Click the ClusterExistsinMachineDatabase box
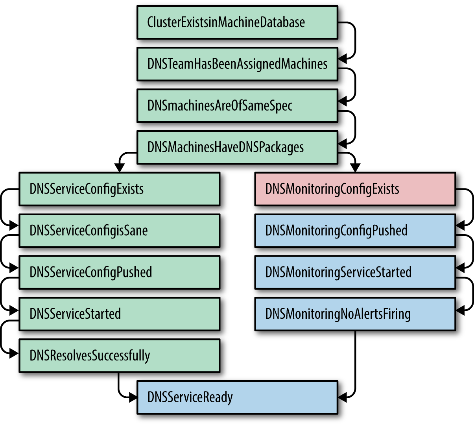point(237,22)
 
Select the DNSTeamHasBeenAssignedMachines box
point(237,64)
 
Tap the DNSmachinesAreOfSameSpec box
point(237,106)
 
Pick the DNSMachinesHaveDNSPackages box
point(237,148)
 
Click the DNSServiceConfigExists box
point(119,189)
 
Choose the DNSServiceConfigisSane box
point(119,231)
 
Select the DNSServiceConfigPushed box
point(119,272)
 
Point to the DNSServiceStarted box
point(119,314)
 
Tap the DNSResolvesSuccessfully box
point(119,356)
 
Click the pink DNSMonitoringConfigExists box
point(355,189)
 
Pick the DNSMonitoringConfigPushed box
point(355,231)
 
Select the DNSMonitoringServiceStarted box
point(355,272)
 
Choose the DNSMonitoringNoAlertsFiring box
point(355,314)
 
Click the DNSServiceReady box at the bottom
point(237,397)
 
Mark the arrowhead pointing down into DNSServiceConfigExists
point(119,168)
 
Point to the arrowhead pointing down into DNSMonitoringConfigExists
point(355,168)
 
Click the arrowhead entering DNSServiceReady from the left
point(133,397)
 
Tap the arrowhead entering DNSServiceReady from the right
point(342,397)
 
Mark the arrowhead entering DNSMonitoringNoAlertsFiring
point(460,310)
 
